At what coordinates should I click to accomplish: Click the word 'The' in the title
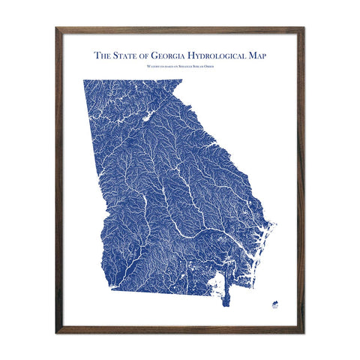(102, 55)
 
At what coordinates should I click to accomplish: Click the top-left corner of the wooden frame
(58, 29)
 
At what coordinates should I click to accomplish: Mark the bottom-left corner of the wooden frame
(58, 331)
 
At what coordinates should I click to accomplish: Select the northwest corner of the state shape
(84, 80)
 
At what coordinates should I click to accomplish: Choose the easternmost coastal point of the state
(273, 224)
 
